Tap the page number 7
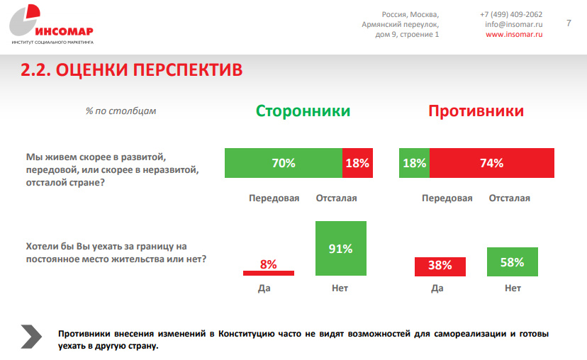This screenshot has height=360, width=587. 569,23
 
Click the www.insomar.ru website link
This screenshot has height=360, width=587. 514,35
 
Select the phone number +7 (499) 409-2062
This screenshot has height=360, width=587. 511,13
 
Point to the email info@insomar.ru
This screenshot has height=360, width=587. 514,24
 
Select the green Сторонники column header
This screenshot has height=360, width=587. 303,111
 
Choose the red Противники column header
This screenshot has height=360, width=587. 476,111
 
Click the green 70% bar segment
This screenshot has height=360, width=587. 284,163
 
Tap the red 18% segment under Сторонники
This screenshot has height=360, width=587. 357,163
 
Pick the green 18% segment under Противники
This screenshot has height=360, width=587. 414,163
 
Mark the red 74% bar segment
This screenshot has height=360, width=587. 491,163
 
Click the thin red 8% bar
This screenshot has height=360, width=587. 268,272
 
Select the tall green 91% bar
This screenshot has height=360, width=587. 340,248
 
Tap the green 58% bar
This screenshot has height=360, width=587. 512,261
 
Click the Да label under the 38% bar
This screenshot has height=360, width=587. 437,288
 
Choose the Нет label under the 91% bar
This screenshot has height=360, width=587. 340,288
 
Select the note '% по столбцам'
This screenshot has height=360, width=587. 121,111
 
